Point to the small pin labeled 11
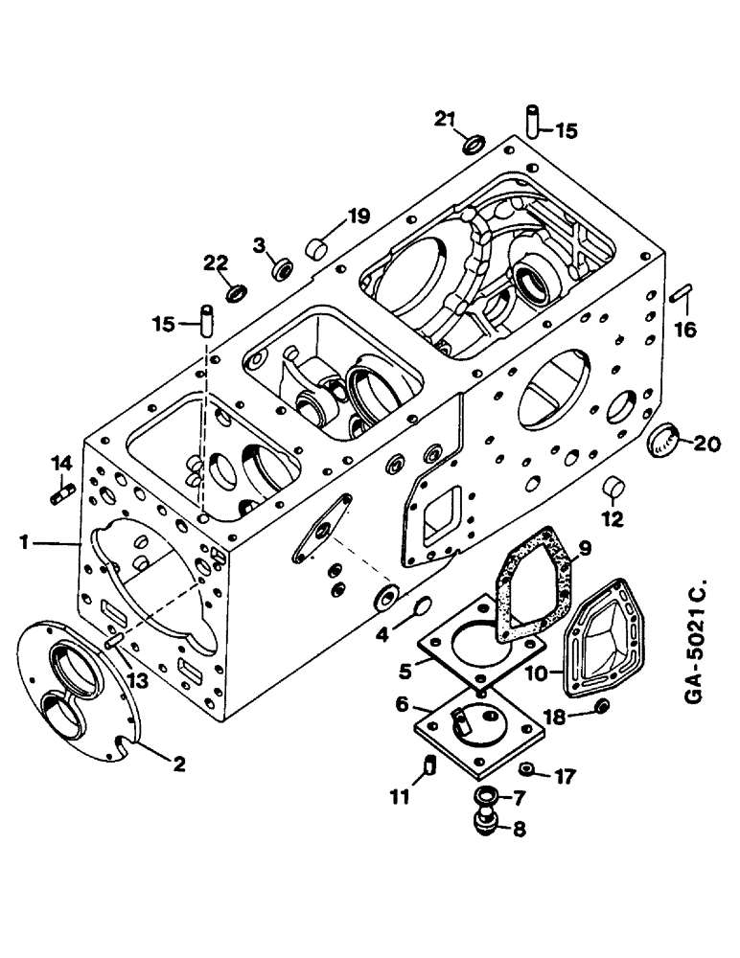[430, 765]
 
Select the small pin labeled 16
[681, 294]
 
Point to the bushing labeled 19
[315, 250]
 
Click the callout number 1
[35, 543]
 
